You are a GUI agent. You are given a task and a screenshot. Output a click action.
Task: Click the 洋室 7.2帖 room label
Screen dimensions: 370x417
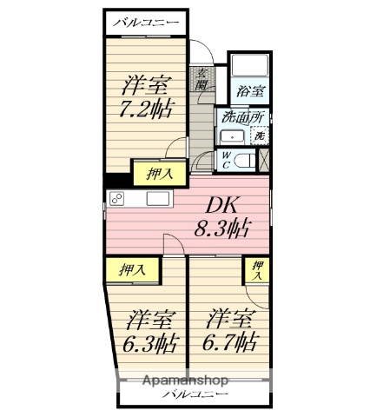coord(146,96)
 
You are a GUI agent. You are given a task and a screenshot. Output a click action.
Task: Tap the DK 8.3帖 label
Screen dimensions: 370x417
coord(221,217)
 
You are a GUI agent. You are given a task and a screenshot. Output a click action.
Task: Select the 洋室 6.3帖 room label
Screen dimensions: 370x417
coord(149,332)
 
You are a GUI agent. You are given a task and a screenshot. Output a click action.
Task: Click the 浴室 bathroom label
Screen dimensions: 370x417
coord(249,91)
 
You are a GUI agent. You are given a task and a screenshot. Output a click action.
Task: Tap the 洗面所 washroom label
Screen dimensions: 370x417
coord(242,117)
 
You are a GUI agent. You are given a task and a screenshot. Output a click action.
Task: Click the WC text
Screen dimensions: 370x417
coord(226,160)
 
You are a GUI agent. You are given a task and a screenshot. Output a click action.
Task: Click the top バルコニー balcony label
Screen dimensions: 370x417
coord(146,23)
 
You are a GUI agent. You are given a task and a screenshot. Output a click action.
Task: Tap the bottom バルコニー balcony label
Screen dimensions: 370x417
coord(195,394)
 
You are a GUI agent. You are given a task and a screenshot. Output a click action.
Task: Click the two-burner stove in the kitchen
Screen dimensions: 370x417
coord(116,199)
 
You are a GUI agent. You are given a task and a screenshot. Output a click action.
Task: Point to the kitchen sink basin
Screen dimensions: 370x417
coord(157,198)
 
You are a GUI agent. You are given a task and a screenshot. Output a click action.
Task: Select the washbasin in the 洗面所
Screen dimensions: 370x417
coord(232,137)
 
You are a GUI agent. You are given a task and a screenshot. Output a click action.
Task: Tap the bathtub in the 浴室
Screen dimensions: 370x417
coord(249,65)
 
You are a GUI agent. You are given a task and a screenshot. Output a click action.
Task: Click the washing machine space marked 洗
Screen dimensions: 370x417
coord(260,136)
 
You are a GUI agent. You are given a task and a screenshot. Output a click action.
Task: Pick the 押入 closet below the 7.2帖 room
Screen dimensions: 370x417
coord(159,174)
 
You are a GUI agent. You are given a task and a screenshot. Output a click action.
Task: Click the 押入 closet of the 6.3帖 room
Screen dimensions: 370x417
coord(132,269)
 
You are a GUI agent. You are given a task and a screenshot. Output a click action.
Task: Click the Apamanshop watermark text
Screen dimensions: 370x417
coord(186,381)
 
